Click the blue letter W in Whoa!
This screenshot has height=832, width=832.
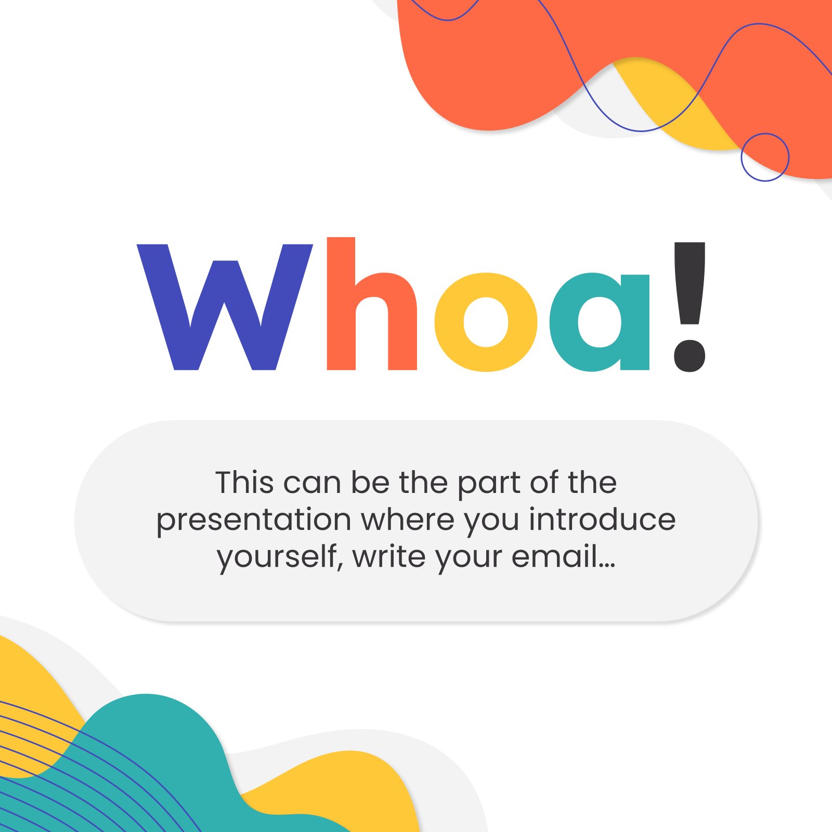click(225, 307)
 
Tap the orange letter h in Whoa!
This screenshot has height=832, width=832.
click(371, 304)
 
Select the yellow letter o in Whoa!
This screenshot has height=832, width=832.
click(486, 322)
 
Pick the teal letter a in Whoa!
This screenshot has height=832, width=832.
click(600, 322)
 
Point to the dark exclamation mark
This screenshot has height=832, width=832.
click(690, 307)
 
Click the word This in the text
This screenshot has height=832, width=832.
click(244, 482)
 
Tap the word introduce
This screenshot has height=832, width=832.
click(602, 519)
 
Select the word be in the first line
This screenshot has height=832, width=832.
click(370, 482)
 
